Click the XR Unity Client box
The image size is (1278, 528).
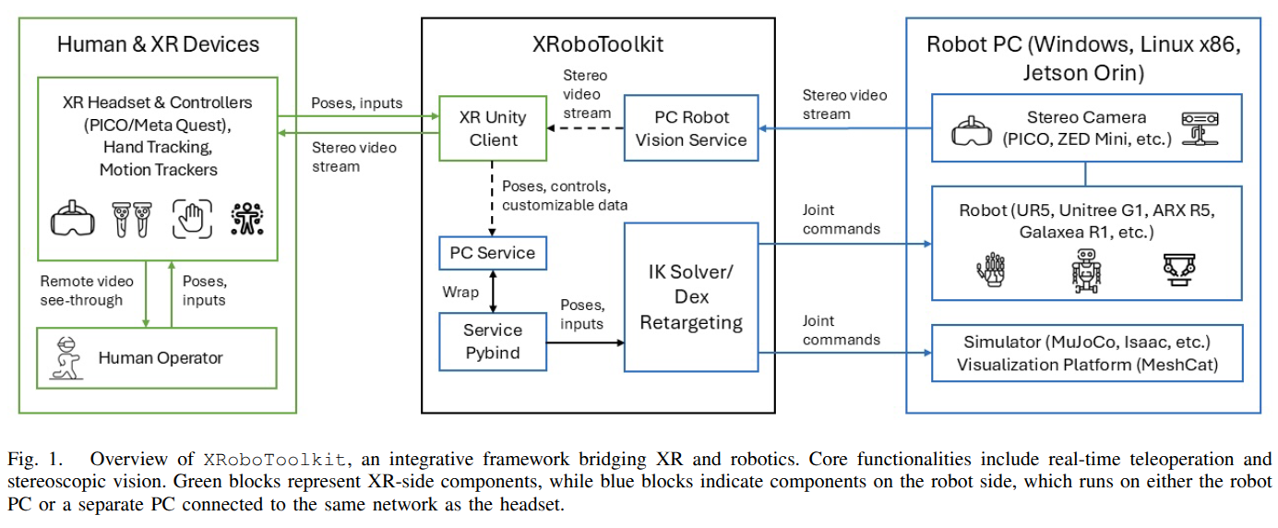[492, 128]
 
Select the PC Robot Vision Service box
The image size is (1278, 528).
[691, 128]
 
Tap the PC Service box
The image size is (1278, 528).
[492, 252]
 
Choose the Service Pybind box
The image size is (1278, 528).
[492, 341]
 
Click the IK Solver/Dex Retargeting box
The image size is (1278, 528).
[691, 296]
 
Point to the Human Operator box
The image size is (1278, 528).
[157, 357]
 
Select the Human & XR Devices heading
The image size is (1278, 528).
[158, 44]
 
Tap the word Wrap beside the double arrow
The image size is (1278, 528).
[460, 292]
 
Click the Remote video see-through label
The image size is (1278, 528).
[87, 290]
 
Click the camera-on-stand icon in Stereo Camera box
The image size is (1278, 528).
[1200, 127]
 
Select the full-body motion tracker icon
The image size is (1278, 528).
[246, 219]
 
